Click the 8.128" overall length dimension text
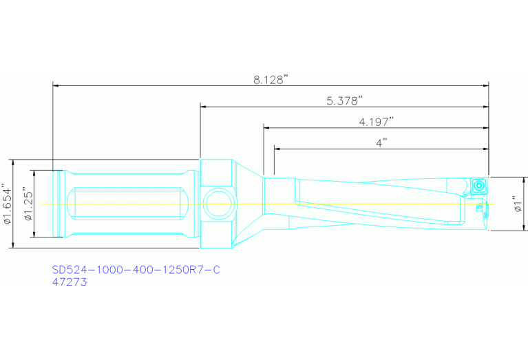pos(270,80)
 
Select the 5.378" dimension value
pos(345,100)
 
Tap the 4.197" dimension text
pos(376,121)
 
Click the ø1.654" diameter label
pos(8,204)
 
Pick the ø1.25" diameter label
pos(27,204)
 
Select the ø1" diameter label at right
pos(518,204)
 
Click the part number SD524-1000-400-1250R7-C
pos(136,270)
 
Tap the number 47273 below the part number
pos(70,282)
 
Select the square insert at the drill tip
pos(478,186)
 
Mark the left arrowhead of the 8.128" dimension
pos(56,86)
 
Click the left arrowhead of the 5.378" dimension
pos(204,107)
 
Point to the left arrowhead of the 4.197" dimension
pos(266,127)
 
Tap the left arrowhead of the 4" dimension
pos(277,148)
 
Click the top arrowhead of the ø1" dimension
pos(525,179)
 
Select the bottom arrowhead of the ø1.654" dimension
pos(13,246)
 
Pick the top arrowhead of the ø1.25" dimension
pos(32,172)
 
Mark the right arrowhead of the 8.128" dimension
pos(485,86)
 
